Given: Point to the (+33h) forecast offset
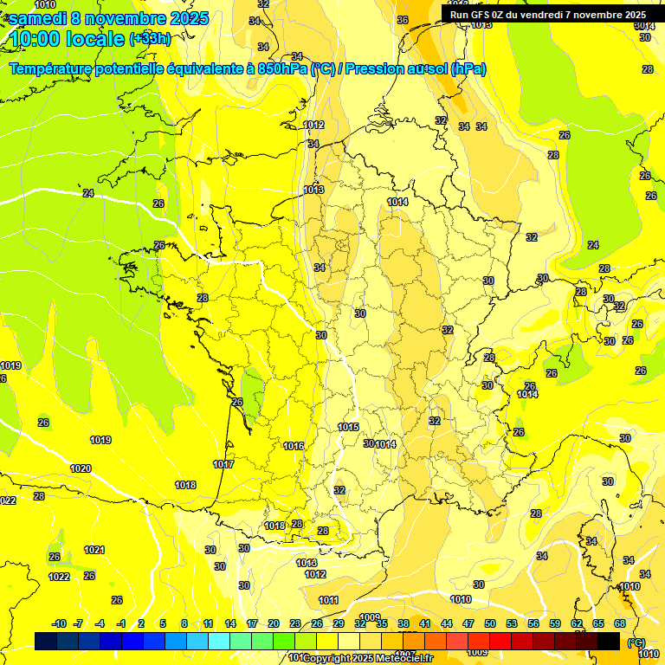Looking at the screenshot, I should (x=150, y=38).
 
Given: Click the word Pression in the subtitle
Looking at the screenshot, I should (x=375, y=68).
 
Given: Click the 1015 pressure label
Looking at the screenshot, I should (x=348, y=427).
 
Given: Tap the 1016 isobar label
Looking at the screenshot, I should (x=294, y=446).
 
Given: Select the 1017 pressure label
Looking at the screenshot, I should (x=223, y=464).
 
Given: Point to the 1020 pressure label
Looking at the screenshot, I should (x=81, y=468).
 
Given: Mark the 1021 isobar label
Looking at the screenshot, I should (x=94, y=550).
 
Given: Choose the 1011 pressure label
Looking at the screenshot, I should (x=328, y=600).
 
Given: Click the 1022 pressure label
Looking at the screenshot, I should (x=59, y=577).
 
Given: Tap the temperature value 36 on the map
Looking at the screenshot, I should (x=403, y=20).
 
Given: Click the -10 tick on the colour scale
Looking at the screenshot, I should (x=59, y=623).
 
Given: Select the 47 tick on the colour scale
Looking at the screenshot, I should (x=468, y=623).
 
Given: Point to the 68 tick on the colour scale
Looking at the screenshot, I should (x=620, y=623).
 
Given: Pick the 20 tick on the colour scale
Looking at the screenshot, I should (x=273, y=623).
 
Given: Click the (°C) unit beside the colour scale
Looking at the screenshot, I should (x=636, y=642).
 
